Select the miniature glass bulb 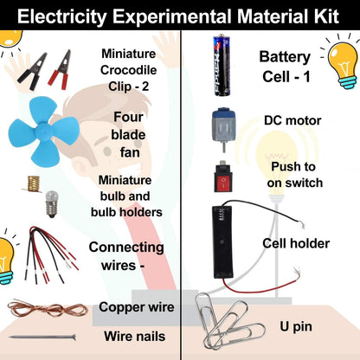pyautogui.click(x=51, y=202)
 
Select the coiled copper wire pyautogui.click(x=41, y=308)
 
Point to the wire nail pyautogui.click(x=42, y=337)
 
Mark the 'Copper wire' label pyautogui.click(x=137, y=307)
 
